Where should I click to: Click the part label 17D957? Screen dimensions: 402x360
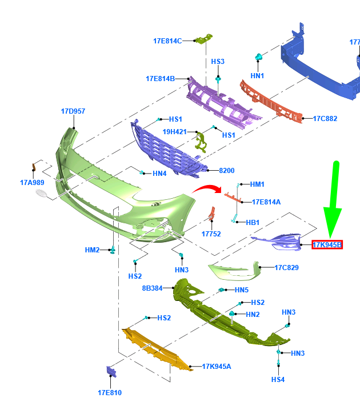tap(73, 111)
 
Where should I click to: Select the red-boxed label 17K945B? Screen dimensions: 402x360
tap(327, 246)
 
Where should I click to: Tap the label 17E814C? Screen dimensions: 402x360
tap(167, 41)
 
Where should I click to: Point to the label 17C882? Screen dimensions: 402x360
tap(325, 119)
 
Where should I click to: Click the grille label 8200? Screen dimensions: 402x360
tap(227, 171)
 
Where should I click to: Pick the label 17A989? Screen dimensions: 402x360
tap(32, 183)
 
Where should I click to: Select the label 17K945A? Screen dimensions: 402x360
tap(216, 367)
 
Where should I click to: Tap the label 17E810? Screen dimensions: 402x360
tap(109, 393)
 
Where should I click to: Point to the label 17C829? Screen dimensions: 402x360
tap(286, 267)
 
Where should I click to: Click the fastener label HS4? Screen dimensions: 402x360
tap(278, 380)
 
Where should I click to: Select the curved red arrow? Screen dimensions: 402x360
tap(207, 191)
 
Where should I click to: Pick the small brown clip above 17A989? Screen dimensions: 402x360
tap(33, 167)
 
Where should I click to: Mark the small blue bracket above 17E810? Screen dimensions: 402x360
tap(110, 372)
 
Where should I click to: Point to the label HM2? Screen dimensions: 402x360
tap(92, 250)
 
